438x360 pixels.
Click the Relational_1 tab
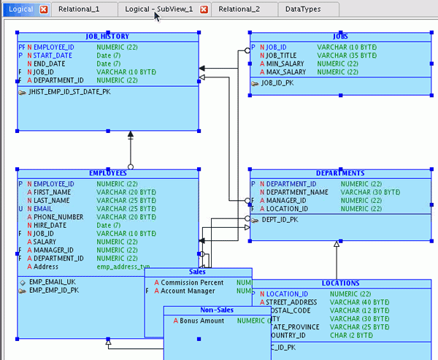(x=74, y=9)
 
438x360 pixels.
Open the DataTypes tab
(x=301, y=9)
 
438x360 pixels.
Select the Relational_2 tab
(x=239, y=9)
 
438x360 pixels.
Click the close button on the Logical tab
(x=43, y=9)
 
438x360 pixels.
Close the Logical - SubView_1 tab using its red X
(x=204, y=9)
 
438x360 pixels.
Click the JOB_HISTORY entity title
(x=107, y=36)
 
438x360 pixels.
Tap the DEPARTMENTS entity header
(x=340, y=173)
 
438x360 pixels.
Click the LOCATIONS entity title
(x=340, y=283)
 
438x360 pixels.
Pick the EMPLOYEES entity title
(x=107, y=173)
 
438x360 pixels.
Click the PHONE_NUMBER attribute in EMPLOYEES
(x=59, y=217)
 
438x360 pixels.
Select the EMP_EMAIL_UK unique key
(x=52, y=281)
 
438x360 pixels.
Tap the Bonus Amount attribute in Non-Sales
(x=202, y=321)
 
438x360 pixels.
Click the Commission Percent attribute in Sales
(x=192, y=282)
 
